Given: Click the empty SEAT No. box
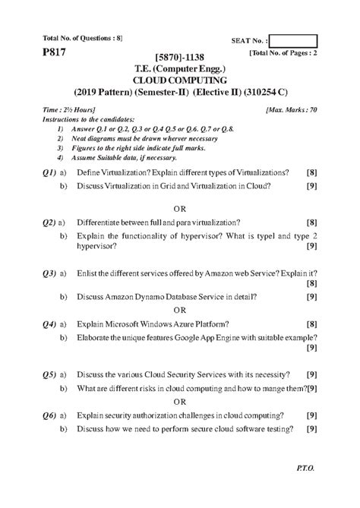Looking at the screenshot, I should coord(293,42).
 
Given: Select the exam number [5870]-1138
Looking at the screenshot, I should coord(179,57).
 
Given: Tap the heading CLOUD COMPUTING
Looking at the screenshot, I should coord(180,79).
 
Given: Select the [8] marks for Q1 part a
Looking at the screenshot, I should coord(311,173).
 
